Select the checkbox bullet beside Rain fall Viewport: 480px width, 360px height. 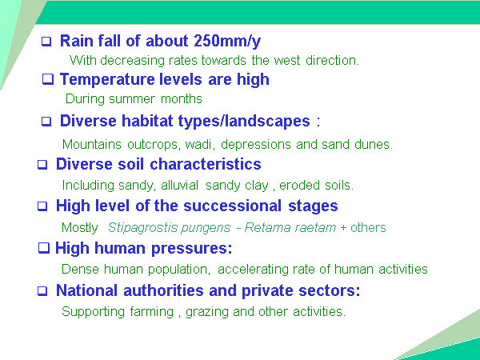click(x=46, y=42)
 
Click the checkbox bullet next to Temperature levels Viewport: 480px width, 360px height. click(x=47, y=79)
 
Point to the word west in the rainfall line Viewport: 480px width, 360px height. click(x=287, y=60)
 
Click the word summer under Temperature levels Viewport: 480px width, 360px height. click(x=132, y=99)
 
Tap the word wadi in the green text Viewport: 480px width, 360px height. click(x=198, y=144)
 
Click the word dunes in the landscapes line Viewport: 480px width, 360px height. click(x=373, y=144)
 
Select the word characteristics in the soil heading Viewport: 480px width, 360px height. click(x=206, y=164)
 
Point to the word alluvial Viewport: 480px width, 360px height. click(x=180, y=186)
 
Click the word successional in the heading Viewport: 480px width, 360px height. click(x=232, y=206)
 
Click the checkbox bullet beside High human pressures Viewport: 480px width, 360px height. click(x=44, y=248)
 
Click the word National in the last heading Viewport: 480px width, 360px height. click(x=87, y=290)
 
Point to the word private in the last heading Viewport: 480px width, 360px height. click(x=267, y=291)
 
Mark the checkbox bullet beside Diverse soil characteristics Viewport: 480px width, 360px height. click(x=42, y=164)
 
